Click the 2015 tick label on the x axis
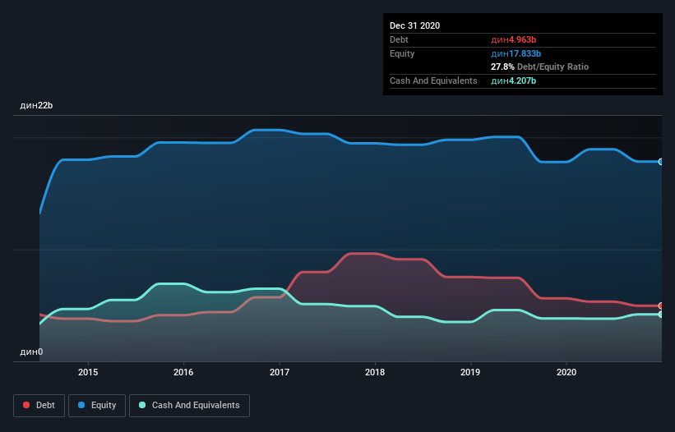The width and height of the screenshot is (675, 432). (88, 371)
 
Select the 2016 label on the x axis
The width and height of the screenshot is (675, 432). (183, 371)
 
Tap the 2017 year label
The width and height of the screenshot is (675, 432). (280, 371)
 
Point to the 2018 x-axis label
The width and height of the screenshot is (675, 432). (375, 371)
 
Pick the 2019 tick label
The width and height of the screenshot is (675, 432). (470, 371)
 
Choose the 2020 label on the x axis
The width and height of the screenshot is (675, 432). (566, 371)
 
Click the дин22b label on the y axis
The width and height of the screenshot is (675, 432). (36, 106)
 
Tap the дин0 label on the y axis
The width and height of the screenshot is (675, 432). (31, 352)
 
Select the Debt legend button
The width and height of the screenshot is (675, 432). (38, 405)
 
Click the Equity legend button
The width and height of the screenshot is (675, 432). (96, 405)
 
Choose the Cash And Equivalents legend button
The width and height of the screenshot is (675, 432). (189, 405)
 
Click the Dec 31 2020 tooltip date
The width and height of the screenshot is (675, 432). (414, 25)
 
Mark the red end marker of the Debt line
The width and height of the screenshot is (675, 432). (660, 306)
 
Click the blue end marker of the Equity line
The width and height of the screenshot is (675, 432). (660, 162)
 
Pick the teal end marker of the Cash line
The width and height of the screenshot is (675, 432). (660, 314)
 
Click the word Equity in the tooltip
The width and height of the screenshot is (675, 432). (402, 53)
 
